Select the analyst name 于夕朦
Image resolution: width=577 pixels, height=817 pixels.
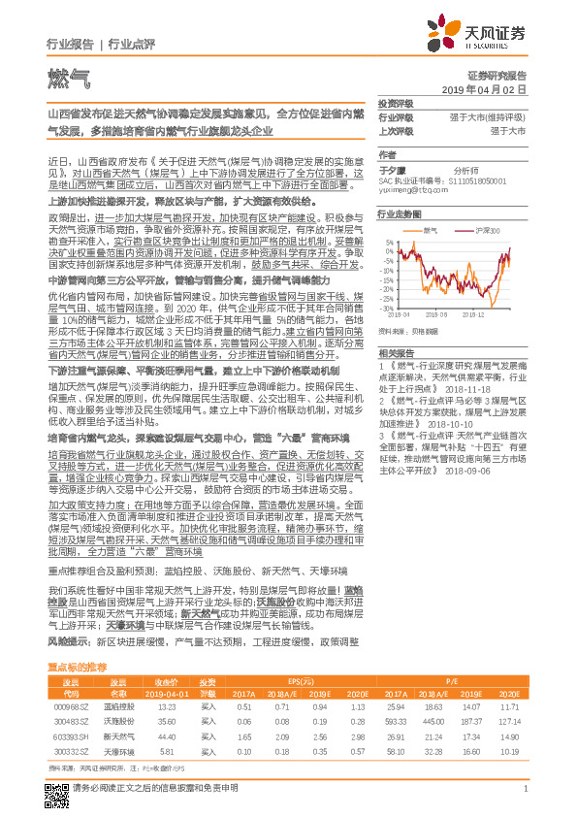390,169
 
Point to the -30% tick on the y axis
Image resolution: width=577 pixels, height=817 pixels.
387,298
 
